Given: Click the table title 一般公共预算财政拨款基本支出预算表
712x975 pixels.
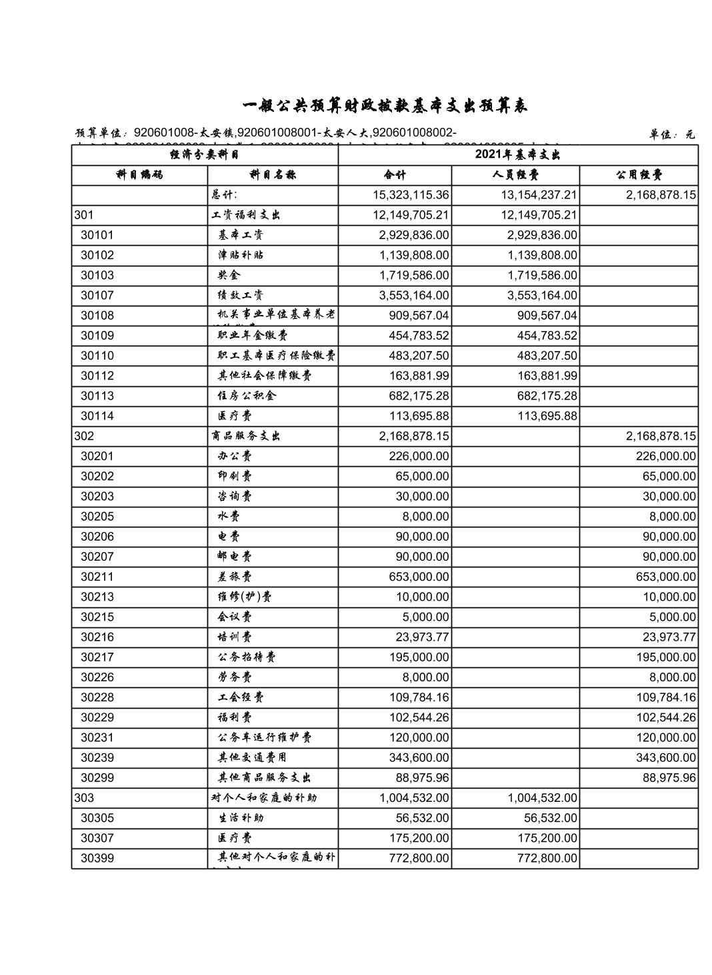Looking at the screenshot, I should point(385,106).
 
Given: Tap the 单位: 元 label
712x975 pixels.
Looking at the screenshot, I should point(671,135).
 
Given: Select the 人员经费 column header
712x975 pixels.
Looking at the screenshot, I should point(515,175).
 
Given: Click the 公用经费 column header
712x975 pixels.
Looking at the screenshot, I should point(638,175).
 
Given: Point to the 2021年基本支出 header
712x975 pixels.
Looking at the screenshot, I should point(517,155).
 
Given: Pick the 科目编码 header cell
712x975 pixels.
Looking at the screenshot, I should point(139,175).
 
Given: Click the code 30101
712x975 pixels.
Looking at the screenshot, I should point(97,235).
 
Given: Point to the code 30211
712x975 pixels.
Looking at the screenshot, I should point(97,577).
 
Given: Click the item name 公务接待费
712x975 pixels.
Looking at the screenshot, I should point(247,657).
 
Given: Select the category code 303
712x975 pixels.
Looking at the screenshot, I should point(85,798).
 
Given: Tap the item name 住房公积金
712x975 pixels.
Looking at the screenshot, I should point(247,396).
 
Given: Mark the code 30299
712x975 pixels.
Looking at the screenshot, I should point(97,778).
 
